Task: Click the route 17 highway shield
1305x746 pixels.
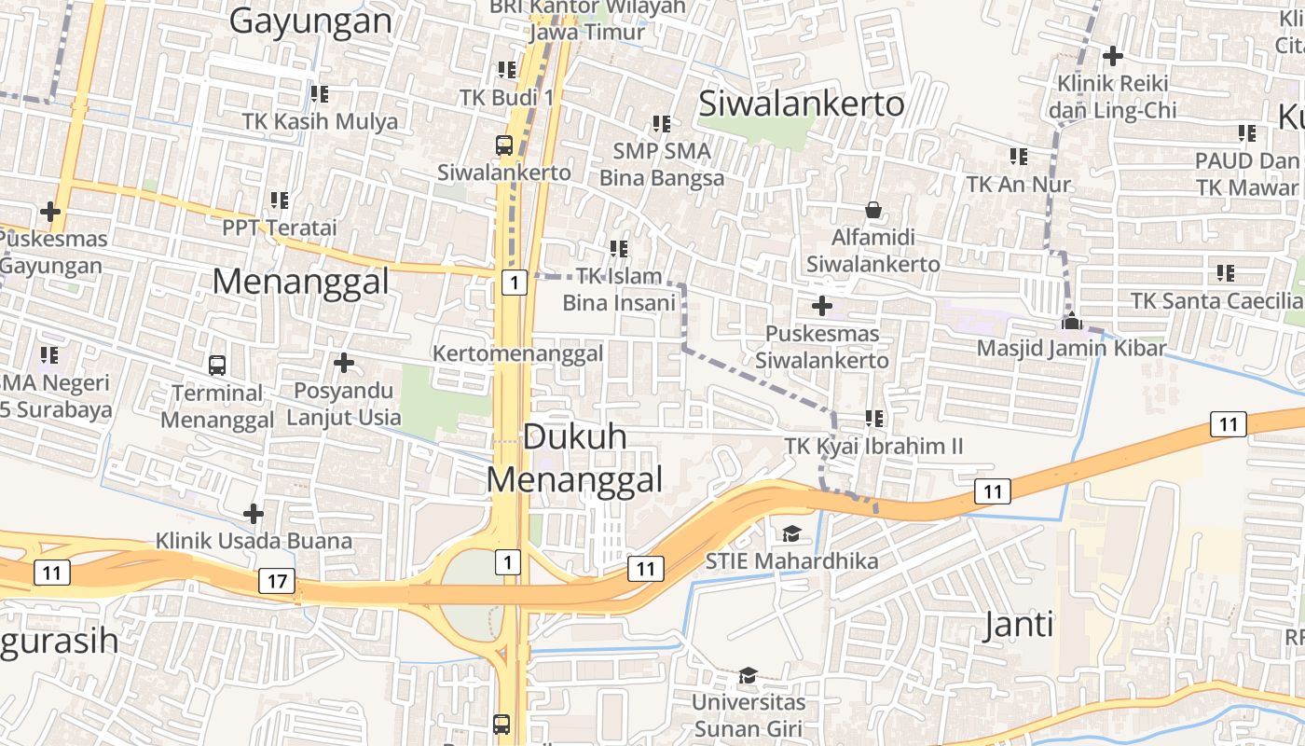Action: (277, 582)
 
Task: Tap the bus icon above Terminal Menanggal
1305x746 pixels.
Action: (217, 365)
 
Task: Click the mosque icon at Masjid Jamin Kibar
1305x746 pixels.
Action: (1072, 321)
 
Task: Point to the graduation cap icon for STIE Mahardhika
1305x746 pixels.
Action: (791, 533)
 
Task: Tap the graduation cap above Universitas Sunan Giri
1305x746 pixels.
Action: (748, 674)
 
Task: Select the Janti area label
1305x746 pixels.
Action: (1019, 625)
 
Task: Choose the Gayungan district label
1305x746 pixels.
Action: (310, 21)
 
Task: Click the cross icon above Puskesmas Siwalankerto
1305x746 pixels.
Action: (821, 305)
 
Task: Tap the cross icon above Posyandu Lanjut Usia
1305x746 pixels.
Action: (344, 362)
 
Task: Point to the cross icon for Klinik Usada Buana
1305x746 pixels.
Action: (253, 513)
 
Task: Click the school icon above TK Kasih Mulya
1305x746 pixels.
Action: (320, 93)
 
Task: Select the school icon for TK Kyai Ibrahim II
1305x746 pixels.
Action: (873, 418)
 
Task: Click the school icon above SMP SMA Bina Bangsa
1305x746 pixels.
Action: (662, 123)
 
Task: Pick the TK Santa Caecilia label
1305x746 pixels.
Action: (1216, 301)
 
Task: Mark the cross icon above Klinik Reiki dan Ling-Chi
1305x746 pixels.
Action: (1112, 55)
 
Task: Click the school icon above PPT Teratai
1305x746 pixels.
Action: (279, 200)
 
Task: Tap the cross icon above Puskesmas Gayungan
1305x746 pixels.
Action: (49, 212)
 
